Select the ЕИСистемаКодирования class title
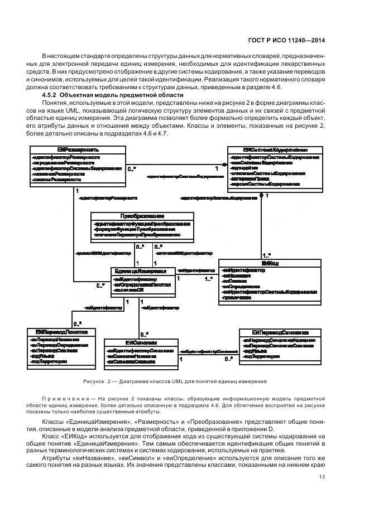[x=275, y=150]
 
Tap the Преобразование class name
[x=142, y=216]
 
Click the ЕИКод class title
[x=269, y=263]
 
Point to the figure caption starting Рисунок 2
[x=175, y=381]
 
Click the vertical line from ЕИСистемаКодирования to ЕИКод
[x=261, y=223]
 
